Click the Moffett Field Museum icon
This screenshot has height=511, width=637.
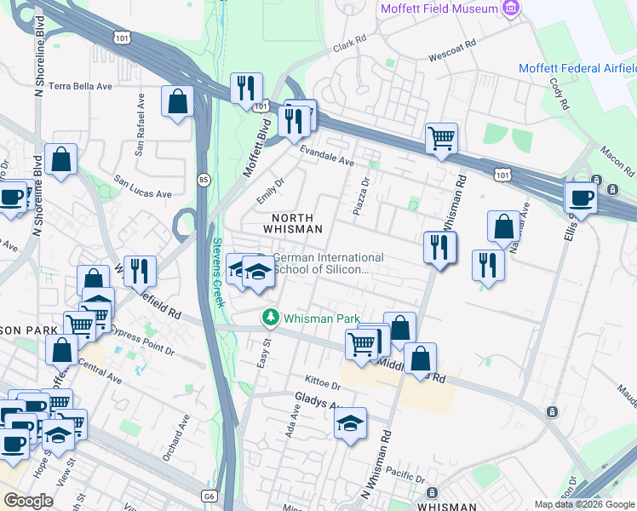coord(511,9)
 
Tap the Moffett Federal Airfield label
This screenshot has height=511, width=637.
coord(577,68)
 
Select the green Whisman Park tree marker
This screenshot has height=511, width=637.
coord(271,318)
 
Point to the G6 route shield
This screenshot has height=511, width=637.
coord(210,496)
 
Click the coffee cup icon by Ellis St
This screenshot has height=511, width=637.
coord(582,198)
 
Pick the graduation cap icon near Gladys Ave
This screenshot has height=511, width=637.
coord(350,423)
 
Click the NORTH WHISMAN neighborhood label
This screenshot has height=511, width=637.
coord(291,223)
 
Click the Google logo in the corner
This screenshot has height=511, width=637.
coord(28,501)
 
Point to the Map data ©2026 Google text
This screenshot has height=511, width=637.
coord(584,504)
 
